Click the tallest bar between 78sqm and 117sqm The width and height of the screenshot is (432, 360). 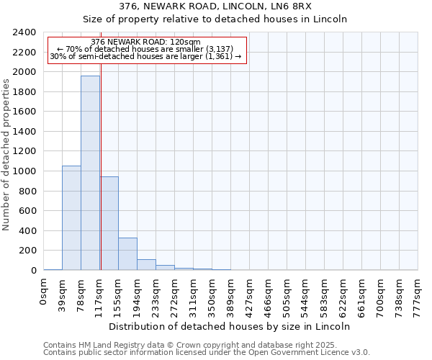pyautogui.click(x=90, y=173)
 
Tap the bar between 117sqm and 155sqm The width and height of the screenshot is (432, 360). pyautogui.click(x=109, y=223)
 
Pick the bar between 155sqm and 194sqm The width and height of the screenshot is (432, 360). pyautogui.click(x=127, y=253)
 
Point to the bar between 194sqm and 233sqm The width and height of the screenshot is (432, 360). pyautogui.click(x=146, y=264)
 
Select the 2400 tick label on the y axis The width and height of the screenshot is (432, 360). pyautogui.click(x=24, y=32)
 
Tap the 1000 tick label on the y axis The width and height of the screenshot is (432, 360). pyautogui.click(x=24, y=171)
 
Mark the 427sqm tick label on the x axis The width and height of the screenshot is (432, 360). pyautogui.click(x=249, y=293)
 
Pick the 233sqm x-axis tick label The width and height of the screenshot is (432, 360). pyautogui.click(x=156, y=293)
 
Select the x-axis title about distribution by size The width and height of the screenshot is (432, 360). pyautogui.click(x=230, y=326)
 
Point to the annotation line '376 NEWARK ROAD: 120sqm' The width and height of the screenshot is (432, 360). pyautogui.click(x=146, y=42)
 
